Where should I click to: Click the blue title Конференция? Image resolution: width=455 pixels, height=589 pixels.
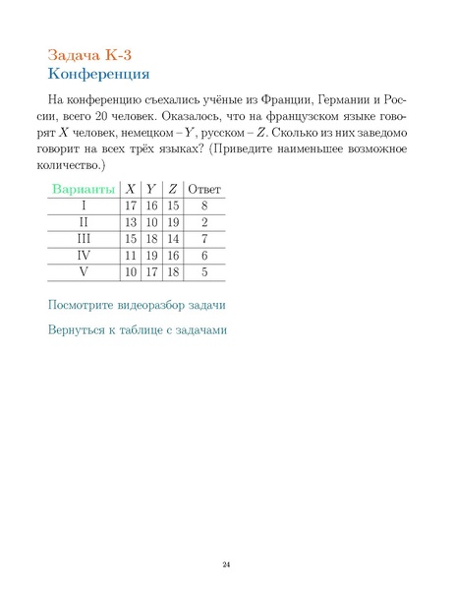pyautogui.click(x=98, y=73)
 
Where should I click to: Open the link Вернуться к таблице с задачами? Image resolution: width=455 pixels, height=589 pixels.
pyautogui.click(x=137, y=329)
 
